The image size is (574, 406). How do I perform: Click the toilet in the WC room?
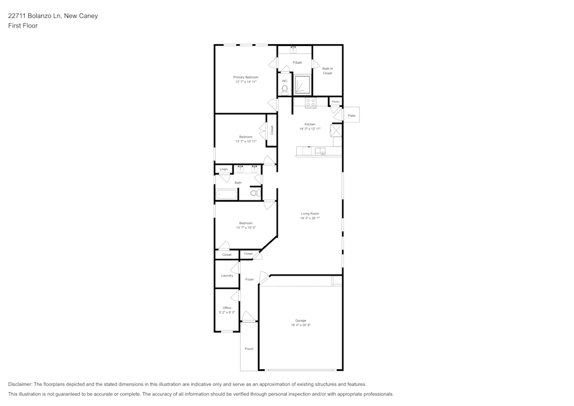285,90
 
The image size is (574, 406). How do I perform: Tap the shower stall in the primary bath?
302,85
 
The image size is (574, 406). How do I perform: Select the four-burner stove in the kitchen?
311,103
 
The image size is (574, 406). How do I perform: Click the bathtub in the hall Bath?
226,195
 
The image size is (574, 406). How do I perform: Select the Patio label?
352,116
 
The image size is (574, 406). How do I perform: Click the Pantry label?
335,102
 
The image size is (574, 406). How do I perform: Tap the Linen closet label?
224,169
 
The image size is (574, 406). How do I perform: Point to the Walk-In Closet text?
327,71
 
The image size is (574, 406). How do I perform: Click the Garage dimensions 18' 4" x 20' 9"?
301,325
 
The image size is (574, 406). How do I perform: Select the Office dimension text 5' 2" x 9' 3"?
227,312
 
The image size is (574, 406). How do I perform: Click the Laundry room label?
227,276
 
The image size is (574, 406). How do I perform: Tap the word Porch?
249,349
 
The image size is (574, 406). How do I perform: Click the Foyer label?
250,279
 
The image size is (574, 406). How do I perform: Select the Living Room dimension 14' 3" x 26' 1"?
310,218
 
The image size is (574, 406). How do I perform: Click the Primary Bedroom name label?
246,77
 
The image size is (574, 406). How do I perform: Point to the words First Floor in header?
23,26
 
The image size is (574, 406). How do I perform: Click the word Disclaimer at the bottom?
20,384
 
